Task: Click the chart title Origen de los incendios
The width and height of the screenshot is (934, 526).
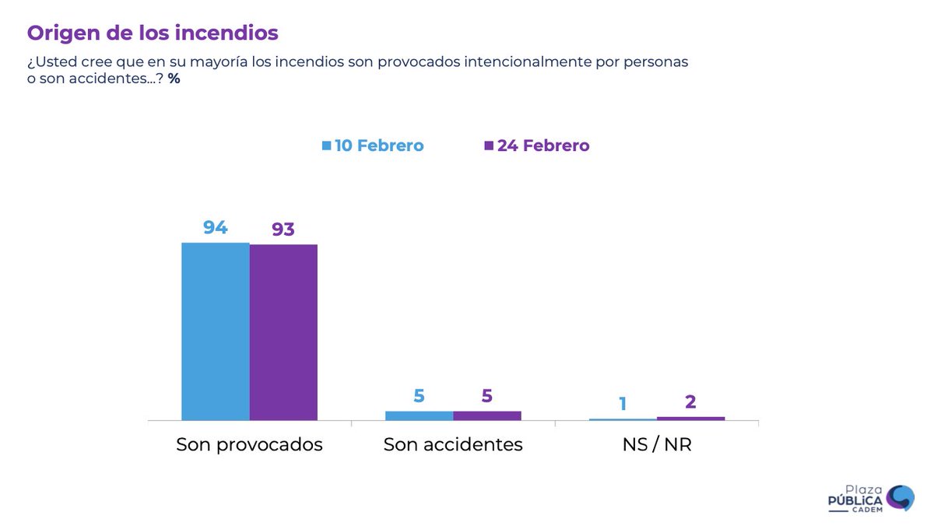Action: [x=153, y=33]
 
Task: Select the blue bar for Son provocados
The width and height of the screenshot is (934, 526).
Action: [x=216, y=331]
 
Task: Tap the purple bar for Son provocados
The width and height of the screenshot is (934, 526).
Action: [x=283, y=332]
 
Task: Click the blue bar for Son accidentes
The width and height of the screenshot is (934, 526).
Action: [x=419, y=416]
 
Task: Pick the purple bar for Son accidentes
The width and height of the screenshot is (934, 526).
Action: [x=487, y=416]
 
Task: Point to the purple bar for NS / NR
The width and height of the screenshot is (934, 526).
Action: [x=690, y=419]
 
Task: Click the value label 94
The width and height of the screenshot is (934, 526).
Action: [x=216, y=227]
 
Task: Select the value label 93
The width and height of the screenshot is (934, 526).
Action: [x=283, y=230]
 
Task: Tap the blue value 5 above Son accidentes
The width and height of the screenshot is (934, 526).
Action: [x=419, y=395]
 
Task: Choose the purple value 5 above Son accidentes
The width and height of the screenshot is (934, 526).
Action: [x=487, y=395]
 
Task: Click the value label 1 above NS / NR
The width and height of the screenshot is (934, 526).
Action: [x=623, y=403]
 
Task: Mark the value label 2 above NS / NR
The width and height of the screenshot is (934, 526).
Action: [x=690, y=402]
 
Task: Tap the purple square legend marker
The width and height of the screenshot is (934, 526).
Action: [x=489, y=146]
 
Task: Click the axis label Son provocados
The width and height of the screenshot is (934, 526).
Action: [x=249, y=445]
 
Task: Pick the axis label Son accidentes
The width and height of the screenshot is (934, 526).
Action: [x=453, y=445]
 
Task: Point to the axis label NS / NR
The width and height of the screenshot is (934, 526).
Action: [x=657, y=445]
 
